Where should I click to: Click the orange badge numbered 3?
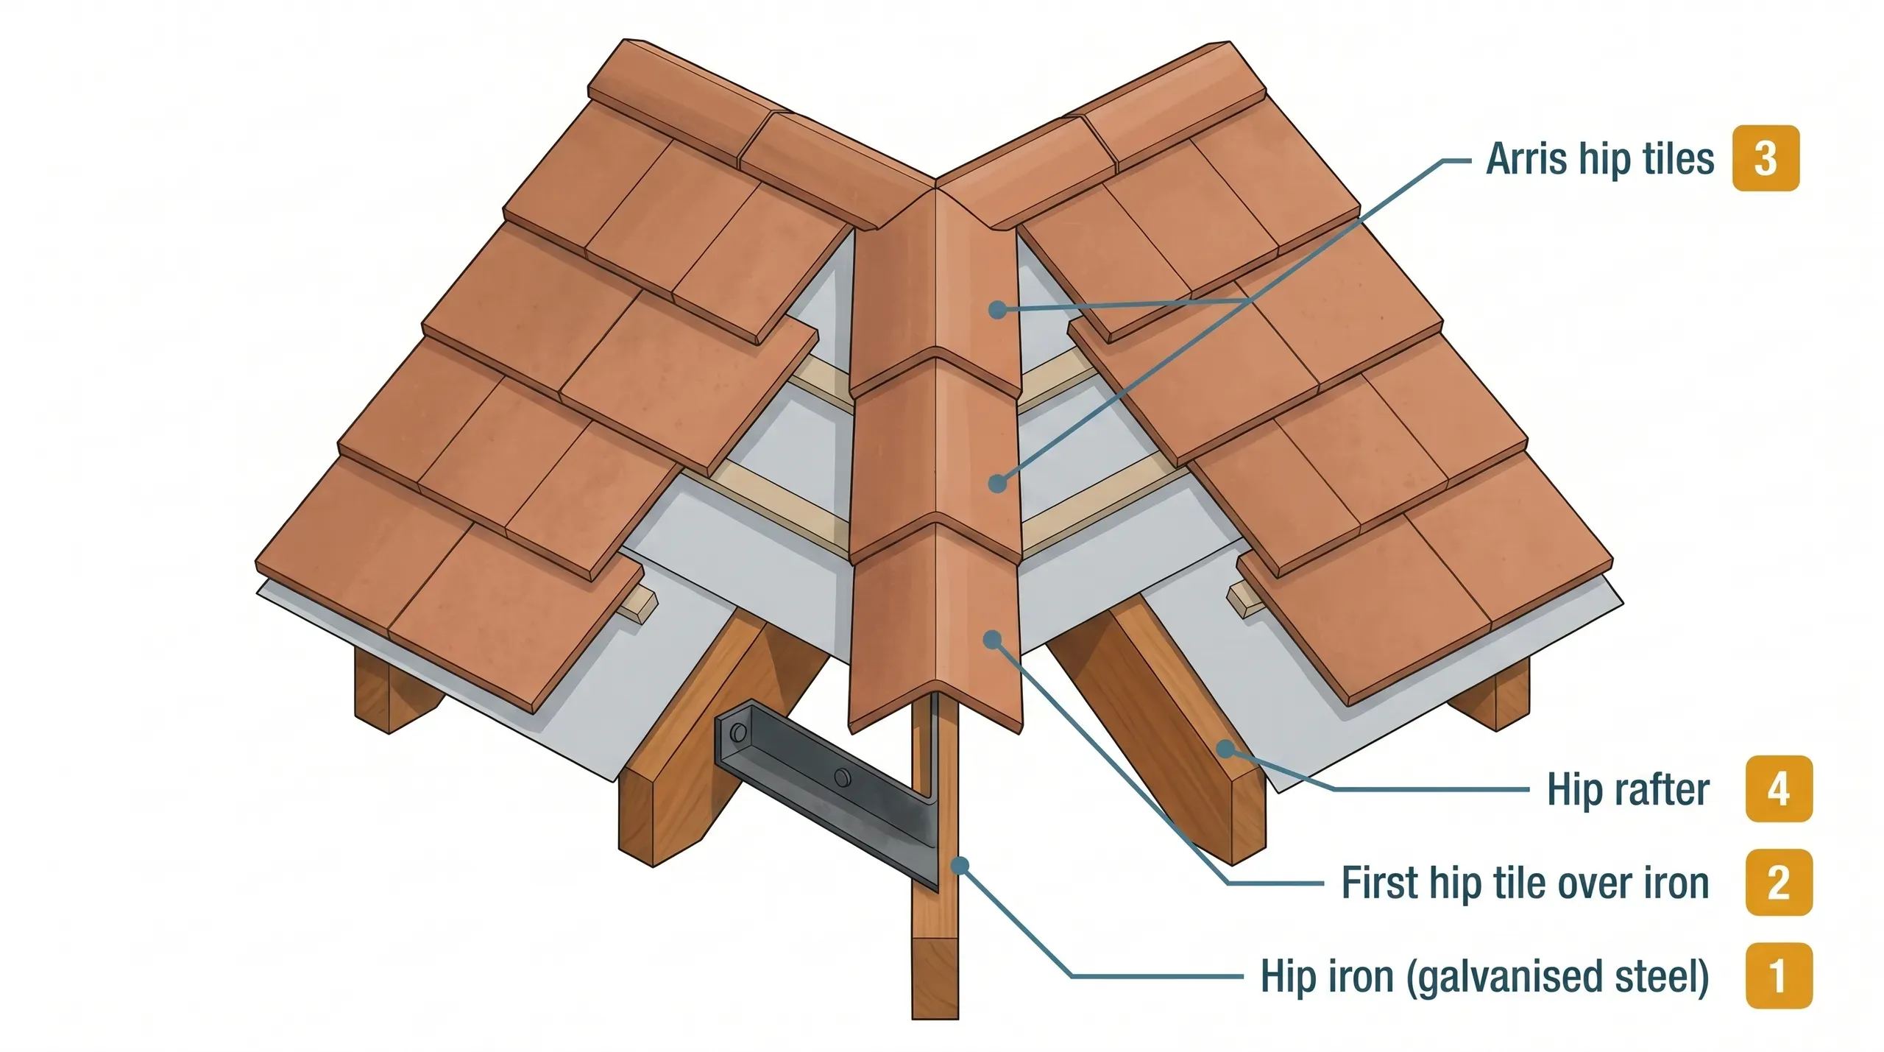[1765, 158]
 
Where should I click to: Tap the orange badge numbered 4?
[1778, 788]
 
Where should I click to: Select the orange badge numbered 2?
[1778, 882]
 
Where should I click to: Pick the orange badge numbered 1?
[1778, 975]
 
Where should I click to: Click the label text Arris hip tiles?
[1599, 159]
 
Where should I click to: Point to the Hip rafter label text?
[1627, 789]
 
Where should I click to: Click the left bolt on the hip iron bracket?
[737, 732]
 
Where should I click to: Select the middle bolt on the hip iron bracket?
[841, 776]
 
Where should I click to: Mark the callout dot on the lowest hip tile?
[993, 639]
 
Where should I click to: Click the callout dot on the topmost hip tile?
[997, 309]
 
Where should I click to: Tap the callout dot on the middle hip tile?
[997, 484]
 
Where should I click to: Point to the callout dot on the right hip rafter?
[1225, 749]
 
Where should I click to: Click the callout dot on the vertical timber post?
[960, 866]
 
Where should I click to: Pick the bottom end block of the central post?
[935, 979]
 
